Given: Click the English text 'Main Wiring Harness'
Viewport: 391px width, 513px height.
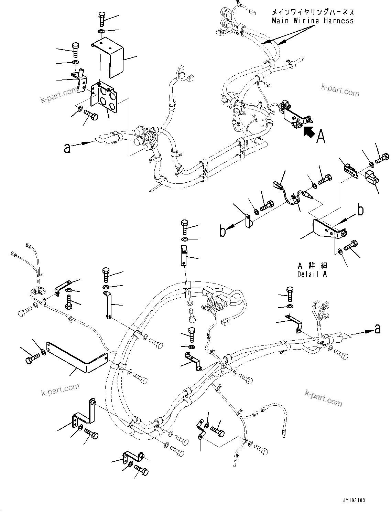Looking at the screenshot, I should [x=312, y=21].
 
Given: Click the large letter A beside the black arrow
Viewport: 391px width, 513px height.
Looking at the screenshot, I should [x=321, y=136].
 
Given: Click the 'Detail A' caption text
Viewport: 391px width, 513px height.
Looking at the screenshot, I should [x=312, y=274].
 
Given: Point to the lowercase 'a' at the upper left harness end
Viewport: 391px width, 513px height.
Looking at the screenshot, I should [x=67, y=148].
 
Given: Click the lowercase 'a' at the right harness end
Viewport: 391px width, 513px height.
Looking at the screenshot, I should [x=378, y=329].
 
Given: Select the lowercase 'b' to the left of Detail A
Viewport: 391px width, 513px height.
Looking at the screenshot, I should [x=223, y=231].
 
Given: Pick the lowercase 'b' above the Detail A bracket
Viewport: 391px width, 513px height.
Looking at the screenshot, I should [x=360, y=210].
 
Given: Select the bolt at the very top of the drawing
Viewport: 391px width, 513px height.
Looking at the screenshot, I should [x=102, y=18].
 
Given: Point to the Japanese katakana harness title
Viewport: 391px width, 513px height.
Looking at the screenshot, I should [x=312, y=12].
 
